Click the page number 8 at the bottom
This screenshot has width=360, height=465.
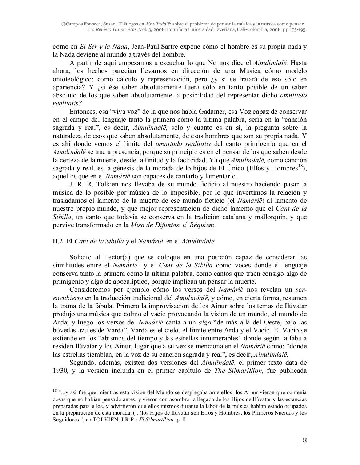(x=305, y=441)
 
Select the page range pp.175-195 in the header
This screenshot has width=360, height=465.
(x=293, y=29)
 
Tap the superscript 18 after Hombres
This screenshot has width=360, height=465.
(x=300, y=166)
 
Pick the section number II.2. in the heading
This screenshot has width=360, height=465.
(x=59, y=241)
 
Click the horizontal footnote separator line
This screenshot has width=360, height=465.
(x=95, y=380)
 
